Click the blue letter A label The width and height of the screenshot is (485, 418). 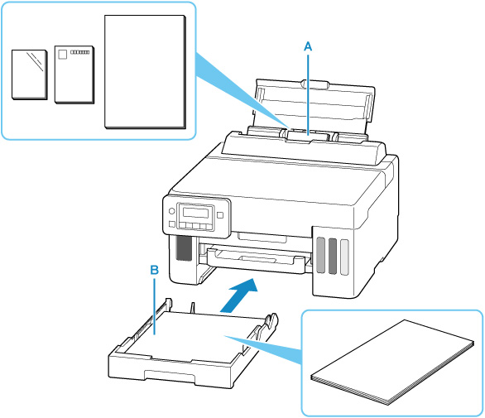coord(308,46)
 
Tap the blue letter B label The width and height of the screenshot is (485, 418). coord(154,270)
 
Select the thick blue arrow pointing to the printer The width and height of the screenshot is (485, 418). coord(239,295)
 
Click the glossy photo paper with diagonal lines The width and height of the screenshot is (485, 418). coord(30,74)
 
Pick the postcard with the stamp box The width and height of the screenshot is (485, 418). coord(74,74)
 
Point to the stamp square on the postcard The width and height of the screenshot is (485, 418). coord(62,55)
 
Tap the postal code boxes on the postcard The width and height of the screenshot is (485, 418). coord(79,52)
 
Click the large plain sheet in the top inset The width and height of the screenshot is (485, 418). coord(145,72)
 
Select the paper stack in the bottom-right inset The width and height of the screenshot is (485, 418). coord(392,363)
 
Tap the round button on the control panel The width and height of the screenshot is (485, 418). coord(171,211)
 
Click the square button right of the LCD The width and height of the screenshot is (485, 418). coord(220,215)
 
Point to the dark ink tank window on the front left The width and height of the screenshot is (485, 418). coord(184,248)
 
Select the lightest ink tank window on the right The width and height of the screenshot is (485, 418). coord(344,257)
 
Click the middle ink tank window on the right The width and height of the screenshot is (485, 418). coord(333,256)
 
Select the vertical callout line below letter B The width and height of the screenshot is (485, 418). coord(155,306)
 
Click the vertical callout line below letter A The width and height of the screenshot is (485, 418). coord(308,94)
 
